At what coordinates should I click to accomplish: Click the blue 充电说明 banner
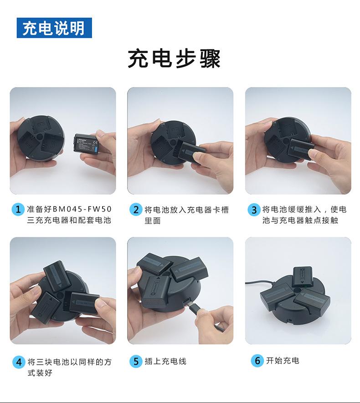[x=54, y=28]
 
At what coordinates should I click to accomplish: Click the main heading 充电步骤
[x=174, y=59]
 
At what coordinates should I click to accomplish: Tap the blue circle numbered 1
[x=18, y=209]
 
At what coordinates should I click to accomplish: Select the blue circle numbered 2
[x=136, y=210]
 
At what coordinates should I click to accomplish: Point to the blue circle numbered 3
[x=254, y=210]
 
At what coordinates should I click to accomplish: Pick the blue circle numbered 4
[x=19, y=362]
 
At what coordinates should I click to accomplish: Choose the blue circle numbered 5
[x=136, y=362]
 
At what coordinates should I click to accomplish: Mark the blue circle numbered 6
[x=257, y=361]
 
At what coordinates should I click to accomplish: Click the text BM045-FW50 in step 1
[x=82, y=209]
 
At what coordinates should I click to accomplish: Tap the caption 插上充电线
[x=165, y=361]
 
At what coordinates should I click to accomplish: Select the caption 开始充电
[x=283, y=360]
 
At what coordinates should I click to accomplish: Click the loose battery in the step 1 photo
[x=86, y=144]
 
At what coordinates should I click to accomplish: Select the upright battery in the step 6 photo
[x=302, y=277]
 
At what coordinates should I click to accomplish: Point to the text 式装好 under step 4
[x=40, y=372]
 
